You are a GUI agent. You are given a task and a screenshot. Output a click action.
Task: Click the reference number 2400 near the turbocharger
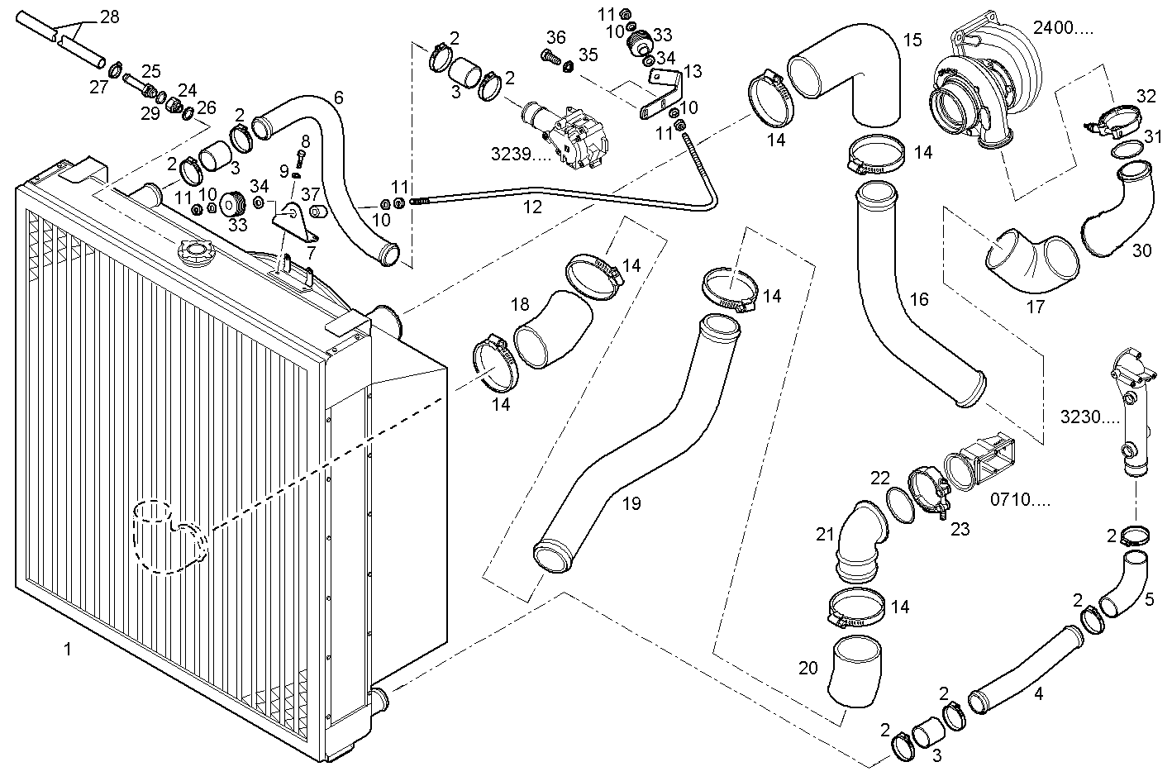[x=1063, y=28]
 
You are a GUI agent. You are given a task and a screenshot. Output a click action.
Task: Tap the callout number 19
[x=631, y=503]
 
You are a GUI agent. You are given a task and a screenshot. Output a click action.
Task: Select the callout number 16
[x=919, y=299]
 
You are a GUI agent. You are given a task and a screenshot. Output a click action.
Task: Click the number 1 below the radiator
[x=68, y=650]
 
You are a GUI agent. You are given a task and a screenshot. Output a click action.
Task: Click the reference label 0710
[x=1020, y=499]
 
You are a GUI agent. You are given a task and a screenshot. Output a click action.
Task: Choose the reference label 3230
[x=1089, y=417]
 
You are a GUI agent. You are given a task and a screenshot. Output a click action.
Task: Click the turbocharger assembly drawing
[x=984, y=87]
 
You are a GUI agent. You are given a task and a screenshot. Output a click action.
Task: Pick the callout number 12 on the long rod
[x=533, y=207]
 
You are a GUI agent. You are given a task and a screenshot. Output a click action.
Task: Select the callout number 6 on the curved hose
[x=338, y=97]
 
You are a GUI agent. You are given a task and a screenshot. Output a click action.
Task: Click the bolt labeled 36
[x=548, y=56]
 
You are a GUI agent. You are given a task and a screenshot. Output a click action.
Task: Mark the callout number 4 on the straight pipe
[x=1038, y=693]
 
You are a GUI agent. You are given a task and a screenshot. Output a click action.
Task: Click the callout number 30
[x=1141, y=250]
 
